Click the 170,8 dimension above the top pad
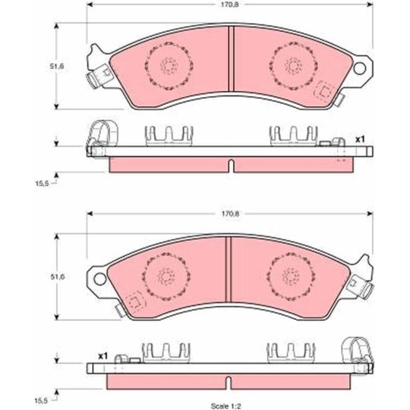coord(230,5)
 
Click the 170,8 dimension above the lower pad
coord(230,214)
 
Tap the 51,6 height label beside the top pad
coord(57,66)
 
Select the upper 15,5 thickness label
coord(42,183)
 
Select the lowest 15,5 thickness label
coord(42,400)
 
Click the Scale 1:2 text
coord(226,406)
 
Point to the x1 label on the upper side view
coord(360,140)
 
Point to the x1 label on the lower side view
coord(103,356)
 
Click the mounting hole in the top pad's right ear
coord(360,68)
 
